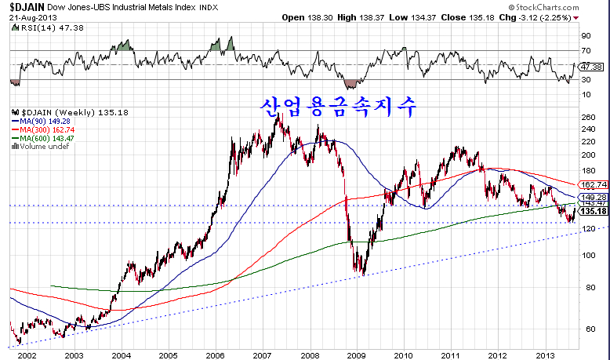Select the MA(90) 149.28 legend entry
40,122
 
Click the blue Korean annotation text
338,104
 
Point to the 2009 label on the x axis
356,355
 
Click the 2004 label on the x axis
120,355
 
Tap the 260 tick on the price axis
588,118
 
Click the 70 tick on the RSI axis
585,50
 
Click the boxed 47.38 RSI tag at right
594,67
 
